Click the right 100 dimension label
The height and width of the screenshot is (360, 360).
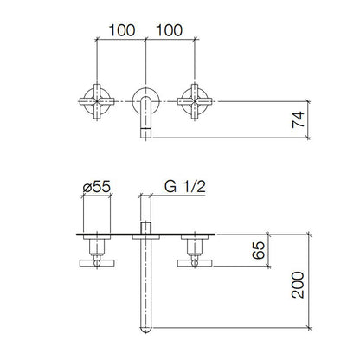tap(169, 29)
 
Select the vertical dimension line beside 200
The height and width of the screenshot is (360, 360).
tap(310, 281)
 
